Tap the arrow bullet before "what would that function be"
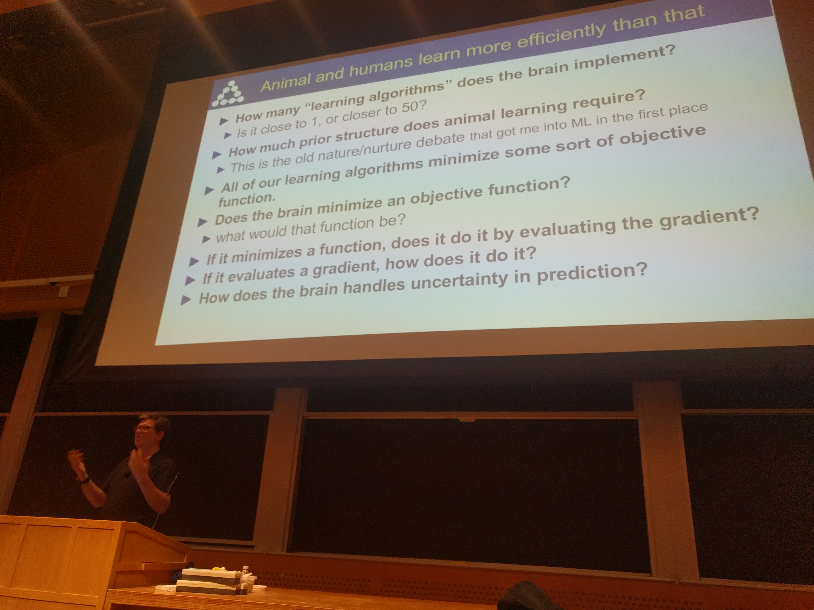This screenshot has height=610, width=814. [207, 239]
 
